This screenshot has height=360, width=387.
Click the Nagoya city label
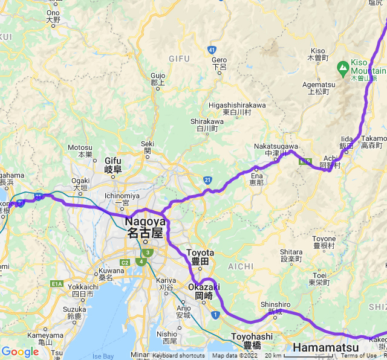click(x=144, y=227)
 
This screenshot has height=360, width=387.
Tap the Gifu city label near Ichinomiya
click(x=113, y=165)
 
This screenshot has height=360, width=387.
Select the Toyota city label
click(x=200, y=257)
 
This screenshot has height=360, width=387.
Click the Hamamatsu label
click(x=325, y=348)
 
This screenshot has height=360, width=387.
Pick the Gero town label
click(x=219, y=63)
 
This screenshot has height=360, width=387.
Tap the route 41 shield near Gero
click(x=212, y=49)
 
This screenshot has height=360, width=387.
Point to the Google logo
click(x=20, y=352)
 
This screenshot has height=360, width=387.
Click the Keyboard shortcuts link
click(x=178, y=356)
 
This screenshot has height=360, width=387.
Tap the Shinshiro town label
click(x=271, y=308)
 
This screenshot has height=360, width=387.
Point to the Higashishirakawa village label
click(x=237, y=108)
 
